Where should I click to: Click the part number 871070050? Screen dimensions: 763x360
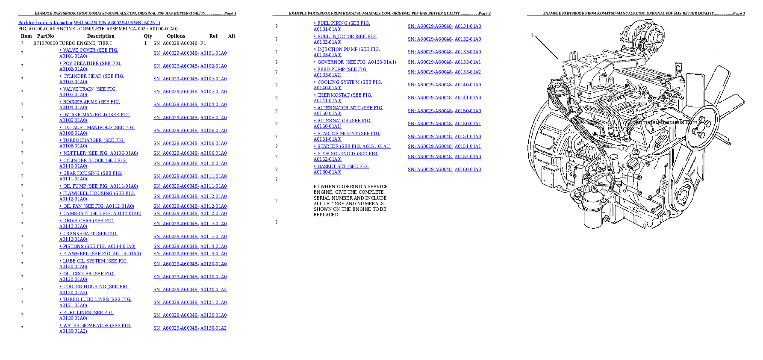(x=46, y=43)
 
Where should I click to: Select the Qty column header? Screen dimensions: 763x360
(x=148, y=36)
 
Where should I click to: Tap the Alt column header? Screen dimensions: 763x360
(x=232, y=36)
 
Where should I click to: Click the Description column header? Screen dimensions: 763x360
(x=101, y=36)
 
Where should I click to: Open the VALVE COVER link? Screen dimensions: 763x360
(x=89, y=53)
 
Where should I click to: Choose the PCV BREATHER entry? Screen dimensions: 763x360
(x=90, y=66)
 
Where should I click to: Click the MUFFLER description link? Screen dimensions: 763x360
(x=99, y=153)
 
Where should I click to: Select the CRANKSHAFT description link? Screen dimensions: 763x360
(x=88, y=236)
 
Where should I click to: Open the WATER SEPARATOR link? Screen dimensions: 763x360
(x=95, y=328)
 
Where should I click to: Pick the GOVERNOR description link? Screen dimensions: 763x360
(x=355, y=62)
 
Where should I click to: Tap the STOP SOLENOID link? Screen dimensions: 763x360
(x=346, y=156)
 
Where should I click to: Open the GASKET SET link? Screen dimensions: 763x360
(x=341, y=169)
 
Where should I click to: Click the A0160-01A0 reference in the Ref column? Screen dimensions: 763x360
(x=468, y=169)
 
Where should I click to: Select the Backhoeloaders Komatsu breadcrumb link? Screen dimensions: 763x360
(x=45, y=23)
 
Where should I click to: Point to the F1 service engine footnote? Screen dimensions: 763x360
(x=351, y=201)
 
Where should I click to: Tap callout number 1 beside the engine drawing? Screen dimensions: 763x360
(x=532, y=35)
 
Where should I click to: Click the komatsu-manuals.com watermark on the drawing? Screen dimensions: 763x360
(x=666, y=122)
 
